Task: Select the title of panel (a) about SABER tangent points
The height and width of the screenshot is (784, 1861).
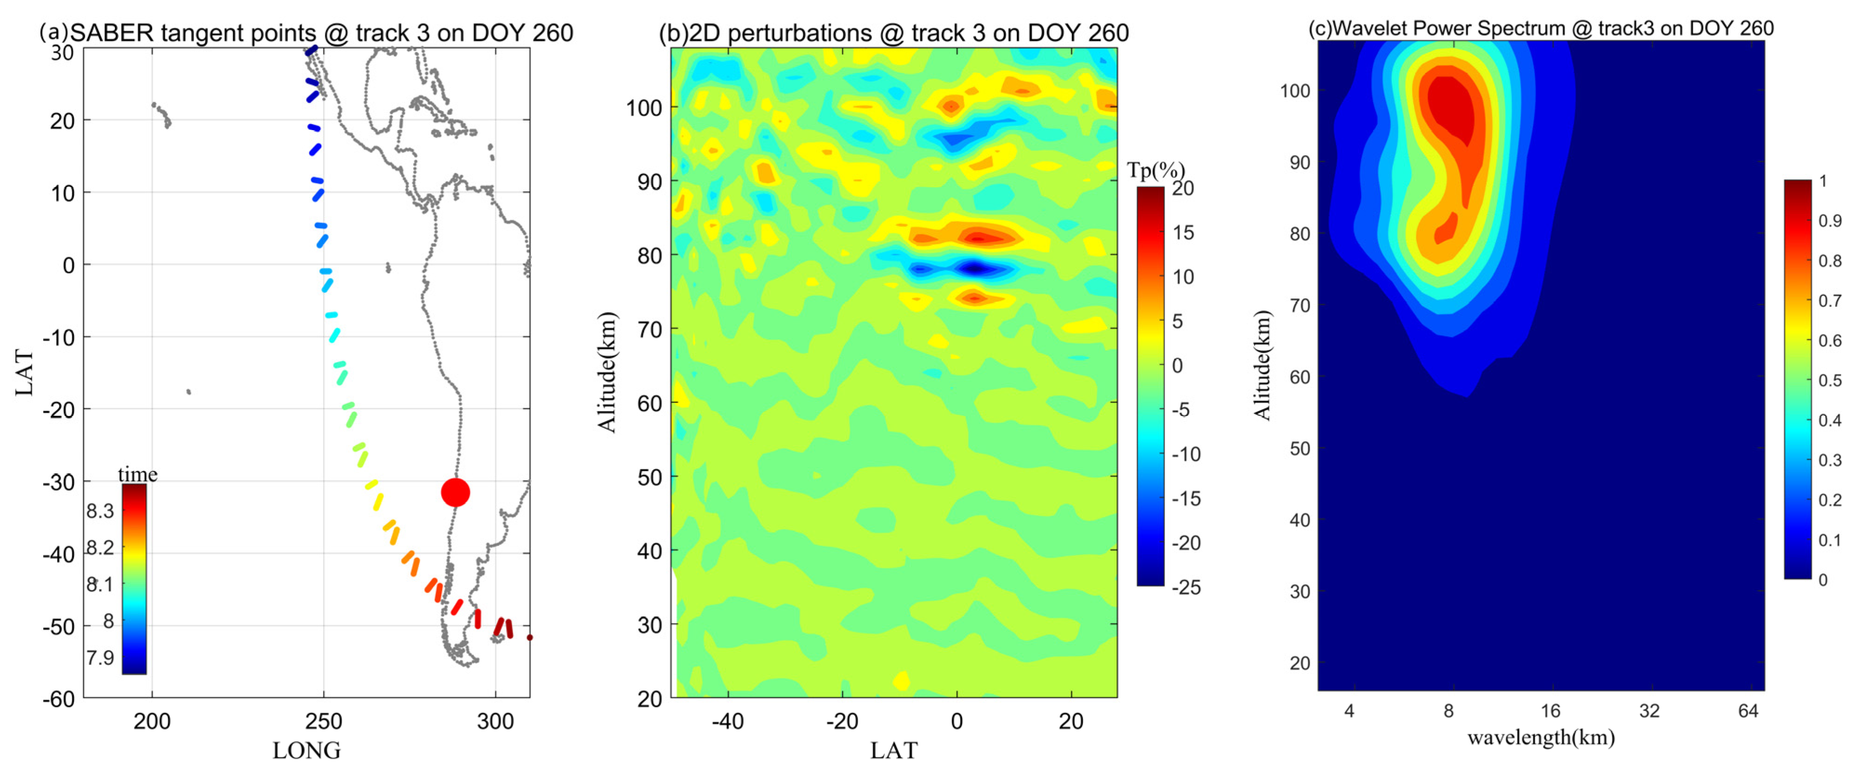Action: pos(306,33)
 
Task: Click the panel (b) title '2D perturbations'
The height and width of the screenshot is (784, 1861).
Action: pos(894,33)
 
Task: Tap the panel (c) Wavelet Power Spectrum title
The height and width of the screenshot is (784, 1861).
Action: pos(1541,28)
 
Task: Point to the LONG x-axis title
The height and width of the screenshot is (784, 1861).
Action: pos(306,751)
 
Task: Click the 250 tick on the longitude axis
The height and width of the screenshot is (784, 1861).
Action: pos(323,721)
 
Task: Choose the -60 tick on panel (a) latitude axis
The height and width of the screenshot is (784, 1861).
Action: pos(59,699)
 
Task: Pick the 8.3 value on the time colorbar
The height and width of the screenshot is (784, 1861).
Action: pos(100,511)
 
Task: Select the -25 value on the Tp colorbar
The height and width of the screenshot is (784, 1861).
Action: pos(1186,587)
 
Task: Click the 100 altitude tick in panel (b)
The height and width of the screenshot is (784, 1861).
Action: pos(644,108)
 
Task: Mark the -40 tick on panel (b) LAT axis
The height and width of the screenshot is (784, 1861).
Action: pos(727,721)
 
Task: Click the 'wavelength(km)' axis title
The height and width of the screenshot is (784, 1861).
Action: pos(1541,738)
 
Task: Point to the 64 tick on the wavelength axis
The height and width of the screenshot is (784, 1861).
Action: pos(1748,711)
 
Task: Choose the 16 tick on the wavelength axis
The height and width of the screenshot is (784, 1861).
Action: pos(1551,711)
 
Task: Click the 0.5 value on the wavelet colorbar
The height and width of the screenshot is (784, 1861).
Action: pos(1829,380)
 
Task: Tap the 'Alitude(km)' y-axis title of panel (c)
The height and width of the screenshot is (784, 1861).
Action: pos(1262,365)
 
